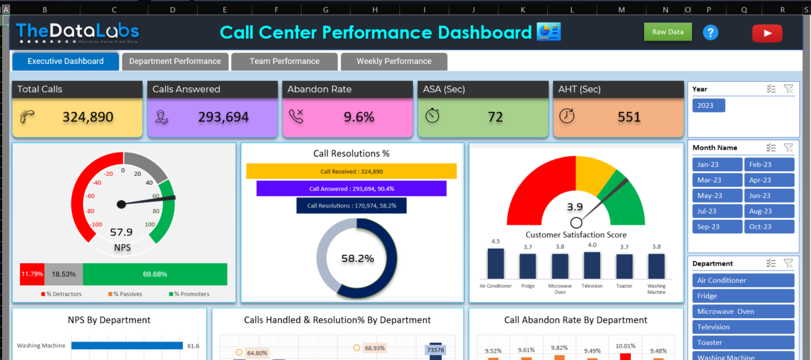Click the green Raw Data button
(x=667, y=32)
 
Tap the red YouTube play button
(x=767, y=33)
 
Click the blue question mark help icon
(x=711, y=32)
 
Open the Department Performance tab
(x=175, y=61)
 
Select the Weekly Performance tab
(x=394, y=61)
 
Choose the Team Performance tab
(x=285, y=61)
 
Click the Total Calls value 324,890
(x=88, y=117)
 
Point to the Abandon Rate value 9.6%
(x=359, y=117)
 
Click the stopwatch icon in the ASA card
(x=432, y=115)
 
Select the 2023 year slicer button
(x=709, y=105)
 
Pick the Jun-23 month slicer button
(x=769, y=196)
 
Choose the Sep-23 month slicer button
(x=718, y=227)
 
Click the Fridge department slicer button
(x=743, y=296)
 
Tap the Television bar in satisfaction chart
(x=592, y=265)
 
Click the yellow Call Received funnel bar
(x=351, y=171)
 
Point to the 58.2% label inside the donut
(x=357, y=259)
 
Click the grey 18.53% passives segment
(x=64, y=273)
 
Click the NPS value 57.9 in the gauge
(x=121, y=232)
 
